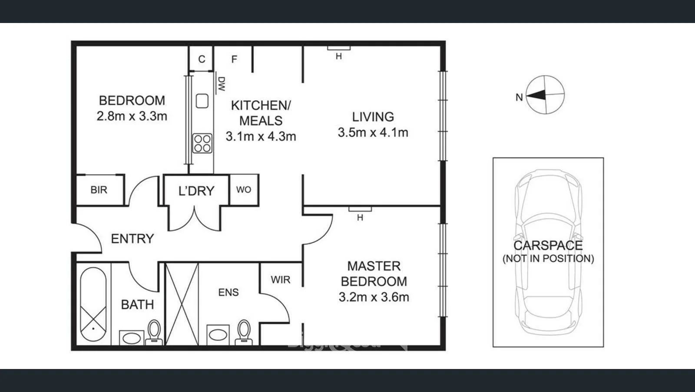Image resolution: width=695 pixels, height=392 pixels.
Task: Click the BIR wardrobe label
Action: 99,190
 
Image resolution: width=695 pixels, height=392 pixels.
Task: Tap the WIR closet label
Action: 280,280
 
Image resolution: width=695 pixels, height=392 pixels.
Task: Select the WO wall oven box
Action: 244,190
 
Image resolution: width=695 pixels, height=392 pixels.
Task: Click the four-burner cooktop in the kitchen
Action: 202,143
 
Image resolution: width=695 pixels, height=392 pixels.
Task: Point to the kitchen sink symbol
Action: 202,101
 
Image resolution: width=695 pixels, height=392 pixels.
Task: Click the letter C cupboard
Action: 202,59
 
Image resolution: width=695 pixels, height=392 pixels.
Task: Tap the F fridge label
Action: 234,59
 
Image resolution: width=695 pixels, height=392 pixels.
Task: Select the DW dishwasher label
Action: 222,84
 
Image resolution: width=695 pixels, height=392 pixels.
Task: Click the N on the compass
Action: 519,97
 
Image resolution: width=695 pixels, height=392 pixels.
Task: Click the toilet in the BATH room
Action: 154,332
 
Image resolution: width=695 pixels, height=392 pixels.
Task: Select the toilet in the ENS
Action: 244,332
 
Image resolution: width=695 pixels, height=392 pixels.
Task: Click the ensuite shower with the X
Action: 182,304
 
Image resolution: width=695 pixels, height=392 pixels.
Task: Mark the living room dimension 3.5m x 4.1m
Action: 373,132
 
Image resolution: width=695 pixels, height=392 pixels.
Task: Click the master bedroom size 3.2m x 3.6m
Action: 374,297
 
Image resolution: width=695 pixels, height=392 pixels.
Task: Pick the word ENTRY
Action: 132,239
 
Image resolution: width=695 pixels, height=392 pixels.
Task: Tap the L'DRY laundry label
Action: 196,191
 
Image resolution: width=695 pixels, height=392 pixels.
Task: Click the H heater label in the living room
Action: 338,56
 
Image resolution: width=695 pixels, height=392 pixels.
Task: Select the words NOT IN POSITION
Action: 548,259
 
